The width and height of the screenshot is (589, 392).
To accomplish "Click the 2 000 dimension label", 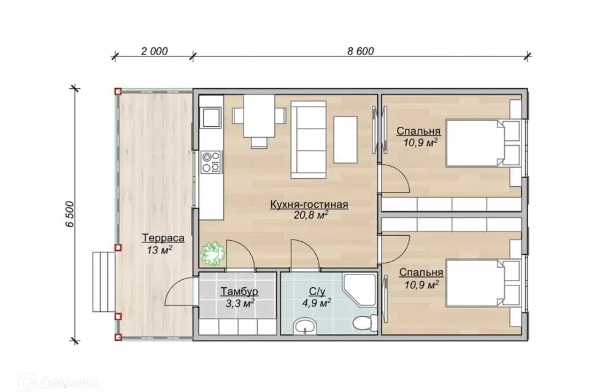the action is pos(155,51).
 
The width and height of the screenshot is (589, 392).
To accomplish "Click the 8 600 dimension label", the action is pos(361,51).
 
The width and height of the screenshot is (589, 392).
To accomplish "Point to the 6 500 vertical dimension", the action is pos(70,214).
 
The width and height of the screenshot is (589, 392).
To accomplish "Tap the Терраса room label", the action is pos(163,238).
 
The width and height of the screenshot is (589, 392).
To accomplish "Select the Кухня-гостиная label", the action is pos(309,205).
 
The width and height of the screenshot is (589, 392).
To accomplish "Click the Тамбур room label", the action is pos(239,292).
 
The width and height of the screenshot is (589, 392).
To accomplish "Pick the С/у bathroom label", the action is pos(317,292).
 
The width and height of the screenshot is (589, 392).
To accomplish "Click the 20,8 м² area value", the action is pos(312,215).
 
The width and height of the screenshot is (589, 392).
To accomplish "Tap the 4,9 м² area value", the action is pos(317,303).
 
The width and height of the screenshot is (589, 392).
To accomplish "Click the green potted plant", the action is pos(213,253).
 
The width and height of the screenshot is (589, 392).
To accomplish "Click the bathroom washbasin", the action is pos(306,326).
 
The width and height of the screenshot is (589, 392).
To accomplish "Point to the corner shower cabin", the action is pos(360,290).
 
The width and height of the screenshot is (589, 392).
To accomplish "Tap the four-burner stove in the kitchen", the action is pos(210,162).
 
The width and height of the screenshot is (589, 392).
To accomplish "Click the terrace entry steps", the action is pos(104,282).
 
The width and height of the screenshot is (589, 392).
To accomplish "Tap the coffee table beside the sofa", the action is pos(345,140).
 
